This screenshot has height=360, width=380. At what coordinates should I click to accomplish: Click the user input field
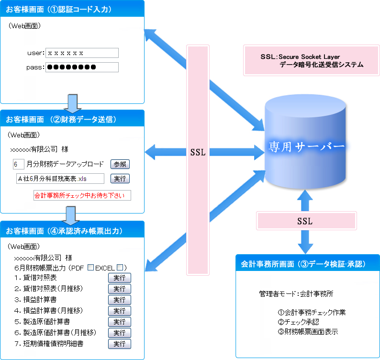coord(82,53)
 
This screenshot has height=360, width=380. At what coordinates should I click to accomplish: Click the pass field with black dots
coord(82,67)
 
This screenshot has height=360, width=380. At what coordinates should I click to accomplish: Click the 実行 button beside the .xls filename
coord(120,179)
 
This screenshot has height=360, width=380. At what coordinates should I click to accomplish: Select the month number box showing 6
coord(18,164)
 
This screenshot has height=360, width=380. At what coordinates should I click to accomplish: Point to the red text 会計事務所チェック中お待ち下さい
coord(82,195)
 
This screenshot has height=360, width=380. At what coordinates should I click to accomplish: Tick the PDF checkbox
coord(90,268)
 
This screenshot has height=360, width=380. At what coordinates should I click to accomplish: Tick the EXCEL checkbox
coord(121,268)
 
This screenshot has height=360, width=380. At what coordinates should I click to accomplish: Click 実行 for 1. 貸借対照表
coord(119,278)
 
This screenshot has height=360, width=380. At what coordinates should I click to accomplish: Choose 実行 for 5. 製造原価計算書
coord(119,322)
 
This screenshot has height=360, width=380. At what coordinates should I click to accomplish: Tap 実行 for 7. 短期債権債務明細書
coord(119,344)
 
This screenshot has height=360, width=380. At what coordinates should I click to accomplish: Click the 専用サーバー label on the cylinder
coord(307,146)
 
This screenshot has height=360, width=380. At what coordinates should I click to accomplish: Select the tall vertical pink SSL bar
coord(198,153)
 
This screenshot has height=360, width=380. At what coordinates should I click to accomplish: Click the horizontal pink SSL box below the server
coord(306,221)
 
